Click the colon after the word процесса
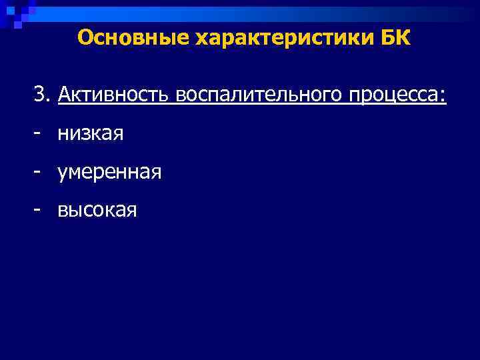tap(443, 97)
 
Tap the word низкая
tap(91, 134)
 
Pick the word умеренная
tap(109, 173)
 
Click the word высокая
tap(97, 211)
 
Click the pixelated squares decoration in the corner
tap(17, 13)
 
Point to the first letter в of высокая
tap(63, 212)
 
